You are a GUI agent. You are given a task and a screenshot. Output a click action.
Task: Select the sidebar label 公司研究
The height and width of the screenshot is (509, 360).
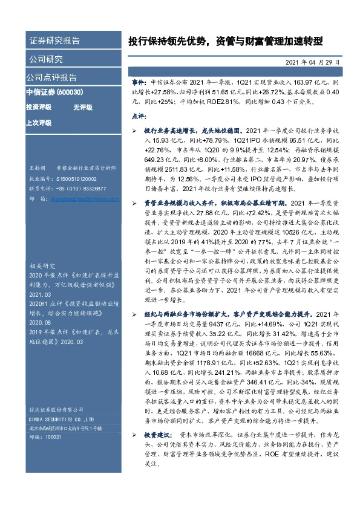46,59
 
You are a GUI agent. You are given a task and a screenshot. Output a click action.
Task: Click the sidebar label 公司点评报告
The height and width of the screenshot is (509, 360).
51,77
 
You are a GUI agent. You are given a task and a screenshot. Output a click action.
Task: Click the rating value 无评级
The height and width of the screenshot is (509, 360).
82,107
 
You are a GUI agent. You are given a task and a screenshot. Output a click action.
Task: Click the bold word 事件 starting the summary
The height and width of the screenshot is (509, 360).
139,80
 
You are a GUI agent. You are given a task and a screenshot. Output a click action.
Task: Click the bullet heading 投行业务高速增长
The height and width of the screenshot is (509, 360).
170,130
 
